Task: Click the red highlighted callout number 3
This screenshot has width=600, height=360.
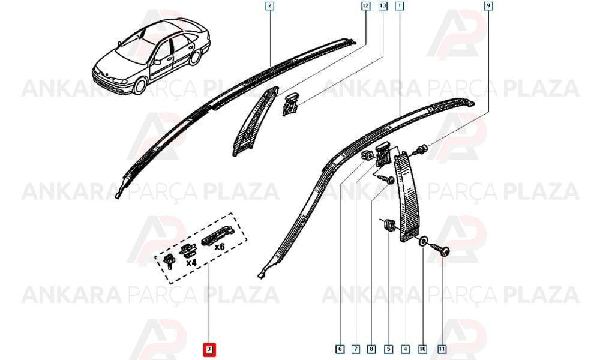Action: [209, 349]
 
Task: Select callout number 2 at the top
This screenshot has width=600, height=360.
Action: [270, 6]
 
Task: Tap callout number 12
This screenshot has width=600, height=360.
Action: [365, 6]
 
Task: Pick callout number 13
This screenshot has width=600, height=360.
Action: [383, 6]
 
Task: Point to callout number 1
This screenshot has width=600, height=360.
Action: [400, 6]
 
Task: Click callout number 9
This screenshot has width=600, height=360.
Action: [488, 6]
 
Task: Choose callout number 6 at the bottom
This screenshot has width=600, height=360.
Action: [340, 349]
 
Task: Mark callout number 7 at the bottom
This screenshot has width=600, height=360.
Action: [356, 349]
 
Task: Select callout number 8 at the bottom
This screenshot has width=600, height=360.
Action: [371, 349]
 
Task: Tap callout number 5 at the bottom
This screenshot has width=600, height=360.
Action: [388, 349]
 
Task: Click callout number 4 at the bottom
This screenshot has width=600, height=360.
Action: [405, 349]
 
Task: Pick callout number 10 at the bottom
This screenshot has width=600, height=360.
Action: [422, 349]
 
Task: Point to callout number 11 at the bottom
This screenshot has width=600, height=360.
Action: [442, 349]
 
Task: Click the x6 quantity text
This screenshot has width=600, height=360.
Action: [219, 247]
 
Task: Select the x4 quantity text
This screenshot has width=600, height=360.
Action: [191, 263]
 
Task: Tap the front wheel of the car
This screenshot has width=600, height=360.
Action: [140, 86]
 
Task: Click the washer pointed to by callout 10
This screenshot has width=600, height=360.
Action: [423, 241]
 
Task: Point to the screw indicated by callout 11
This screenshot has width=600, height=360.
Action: [439, 248]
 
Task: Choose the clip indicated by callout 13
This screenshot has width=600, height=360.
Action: [290, 104]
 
